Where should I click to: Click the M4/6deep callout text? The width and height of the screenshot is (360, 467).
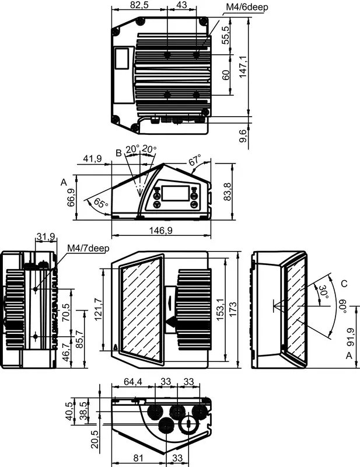click(247, 7)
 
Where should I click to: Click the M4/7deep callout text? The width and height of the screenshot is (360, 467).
click(88, 248)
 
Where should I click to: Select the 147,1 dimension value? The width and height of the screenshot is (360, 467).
click(243, 67)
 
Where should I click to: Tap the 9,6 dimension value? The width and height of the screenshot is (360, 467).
click(243, 136)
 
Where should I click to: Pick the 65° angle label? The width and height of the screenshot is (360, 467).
click(101, 203)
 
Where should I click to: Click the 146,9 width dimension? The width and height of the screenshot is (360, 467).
click(161, 230)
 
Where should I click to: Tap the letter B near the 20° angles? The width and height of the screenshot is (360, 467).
click(118, 153)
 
